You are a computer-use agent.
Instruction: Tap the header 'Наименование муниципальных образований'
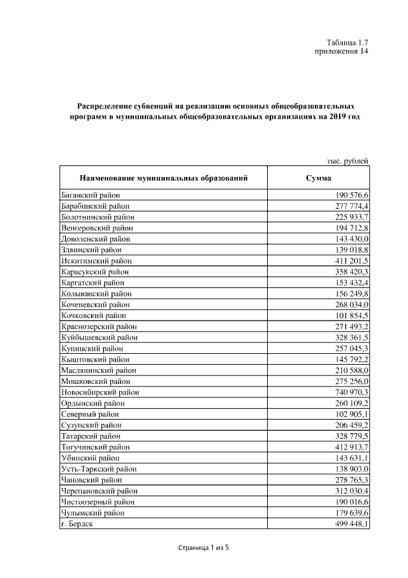pos(163,177)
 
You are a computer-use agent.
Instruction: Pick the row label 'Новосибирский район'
pos(99,392)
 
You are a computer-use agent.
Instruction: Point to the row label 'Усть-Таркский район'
pos(99,469)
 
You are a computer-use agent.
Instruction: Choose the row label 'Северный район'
pos(89,414)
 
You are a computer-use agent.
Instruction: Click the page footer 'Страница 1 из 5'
pos(203,547)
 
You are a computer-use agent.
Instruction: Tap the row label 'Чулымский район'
pos(92,513)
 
